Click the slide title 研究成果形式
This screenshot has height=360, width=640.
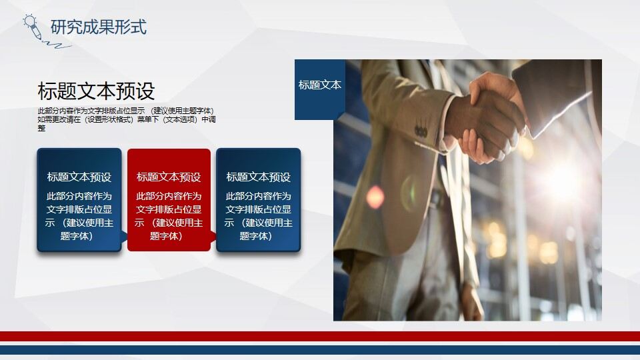pos(98,27)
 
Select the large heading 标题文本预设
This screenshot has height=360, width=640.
pos(96,91)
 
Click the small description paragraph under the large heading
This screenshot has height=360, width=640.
pos(126,119)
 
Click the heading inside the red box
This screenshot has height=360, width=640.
pos(169,177)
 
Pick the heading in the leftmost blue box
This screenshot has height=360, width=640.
pos(79,177)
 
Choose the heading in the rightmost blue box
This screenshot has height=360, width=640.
pos(258,177)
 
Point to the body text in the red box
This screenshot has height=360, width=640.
pos(169,216)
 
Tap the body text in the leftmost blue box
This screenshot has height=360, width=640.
pos(79,216)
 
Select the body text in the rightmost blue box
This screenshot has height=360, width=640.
pos(258,216)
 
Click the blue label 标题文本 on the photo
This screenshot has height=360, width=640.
pos(319,85)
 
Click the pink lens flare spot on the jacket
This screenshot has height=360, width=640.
pos(376,197)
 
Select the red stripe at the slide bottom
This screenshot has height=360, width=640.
pos(320,336)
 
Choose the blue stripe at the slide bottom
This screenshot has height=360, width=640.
pos(320,350)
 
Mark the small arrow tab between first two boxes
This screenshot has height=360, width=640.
pos(124,236)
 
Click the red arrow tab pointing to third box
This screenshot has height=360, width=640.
pos(213,236)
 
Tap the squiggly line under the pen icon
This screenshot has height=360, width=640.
pos(56,45)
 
